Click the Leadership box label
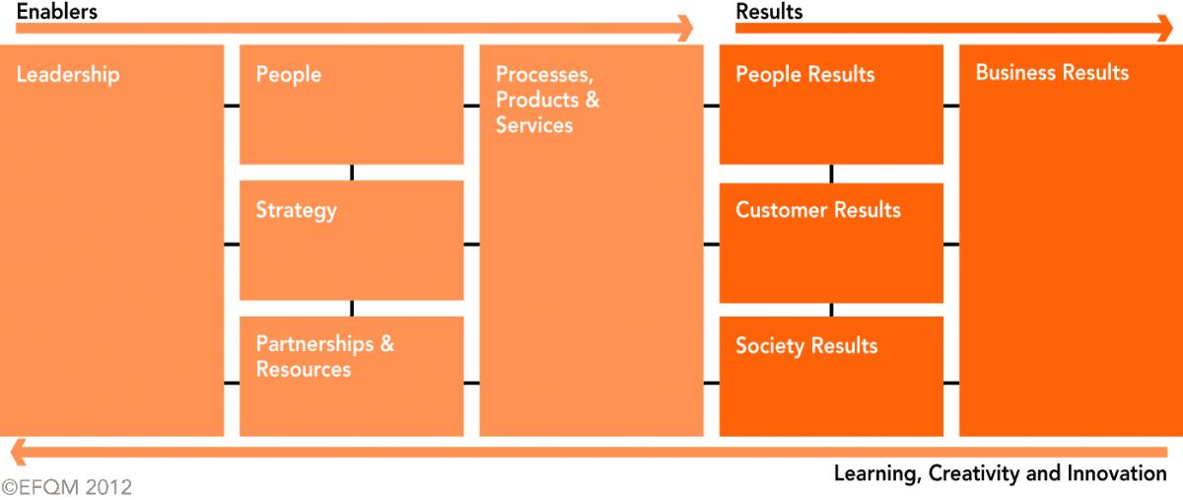pos(68,75)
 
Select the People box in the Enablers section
pos(351,105)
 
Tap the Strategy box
pos(351,241)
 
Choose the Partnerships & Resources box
pos(351,376)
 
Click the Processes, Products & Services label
pos(547,100)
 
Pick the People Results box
pos(831,105)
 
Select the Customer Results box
pos(831,243)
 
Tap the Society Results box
pos(831,376)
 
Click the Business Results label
pos(1052,73)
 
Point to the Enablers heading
pos(57,12)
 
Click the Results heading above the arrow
pos(769,12)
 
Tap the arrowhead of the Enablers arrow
pos(685,29)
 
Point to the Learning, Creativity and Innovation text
pos(1000,474)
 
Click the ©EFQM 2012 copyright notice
pos(66,487)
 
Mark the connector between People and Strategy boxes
pos(351,173)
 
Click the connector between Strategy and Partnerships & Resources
pos(351,308)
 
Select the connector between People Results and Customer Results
pos(831,174)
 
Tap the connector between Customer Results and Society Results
pos(831,310)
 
